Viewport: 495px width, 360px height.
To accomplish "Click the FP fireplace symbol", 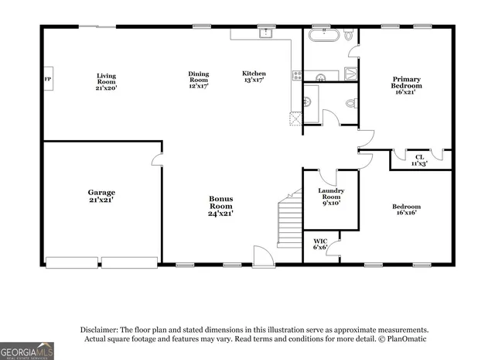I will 48,79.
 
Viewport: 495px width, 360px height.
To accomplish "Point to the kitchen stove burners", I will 296,75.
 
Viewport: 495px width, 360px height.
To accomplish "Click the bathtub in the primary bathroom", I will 321,36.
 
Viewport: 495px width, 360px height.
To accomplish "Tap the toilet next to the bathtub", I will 349,36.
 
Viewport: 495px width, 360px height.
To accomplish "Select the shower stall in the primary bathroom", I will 350,74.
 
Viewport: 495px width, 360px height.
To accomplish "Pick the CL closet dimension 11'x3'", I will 419,163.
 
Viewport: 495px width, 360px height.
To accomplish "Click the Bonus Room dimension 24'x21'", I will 221,213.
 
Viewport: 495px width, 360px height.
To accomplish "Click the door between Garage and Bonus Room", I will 157,159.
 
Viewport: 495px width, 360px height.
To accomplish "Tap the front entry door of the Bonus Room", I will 263,257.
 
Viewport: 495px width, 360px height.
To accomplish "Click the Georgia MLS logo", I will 27,351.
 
